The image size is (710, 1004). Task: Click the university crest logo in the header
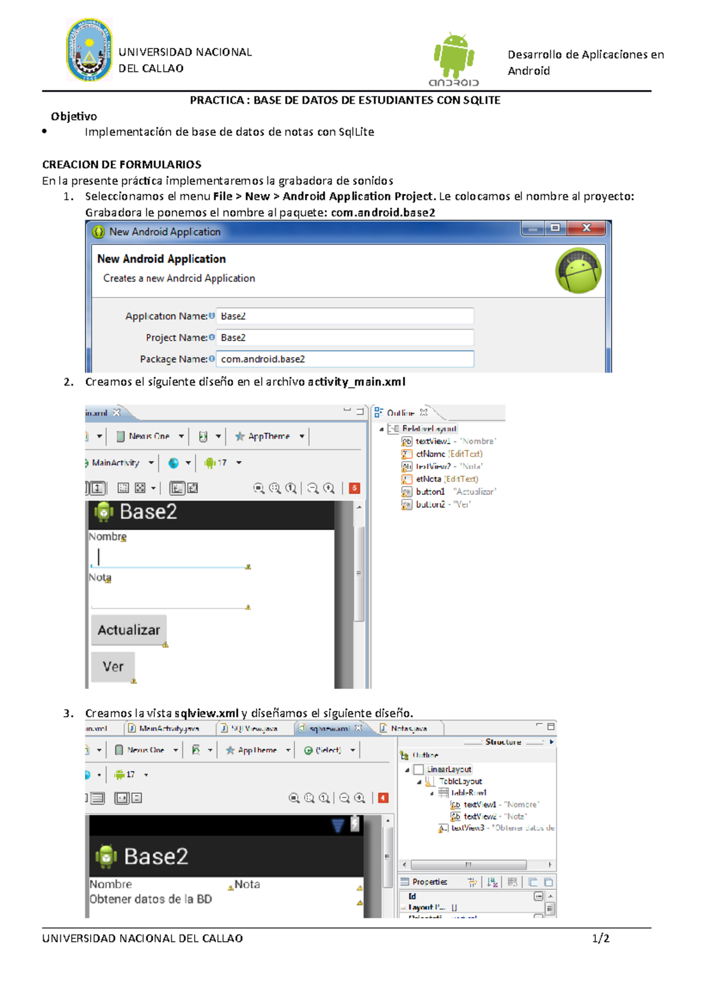pyautogui.click(x=89, y=50)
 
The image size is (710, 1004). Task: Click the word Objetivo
pyautogui.click(x=74, y=116)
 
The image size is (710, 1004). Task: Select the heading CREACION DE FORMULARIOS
pyautogui.click(x=121, y=164)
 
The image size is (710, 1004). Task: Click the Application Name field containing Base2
pyautogui.click(x=344, y=316)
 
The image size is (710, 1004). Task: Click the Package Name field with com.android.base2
pyautogui.click(x=344, y=359)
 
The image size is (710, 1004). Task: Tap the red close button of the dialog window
pyautogui.click(x=586, y=228)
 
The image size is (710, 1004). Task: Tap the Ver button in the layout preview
pyautogui.click(x=113, y=666)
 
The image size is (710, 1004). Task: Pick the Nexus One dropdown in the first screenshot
pyautogui.click(x=150, y=436)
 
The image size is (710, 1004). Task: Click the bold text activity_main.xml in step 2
pyautogui.click(x=356, y=382)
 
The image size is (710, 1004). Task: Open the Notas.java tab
pyautogui.click(x=408, y=728)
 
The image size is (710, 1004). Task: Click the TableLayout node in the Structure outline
pyautogui.click(x=460, y=781)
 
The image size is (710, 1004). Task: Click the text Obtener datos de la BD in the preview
pyautogui.click(x=150, y=899)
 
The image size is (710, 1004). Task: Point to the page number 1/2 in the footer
pyautogui.click(x=601, y=938)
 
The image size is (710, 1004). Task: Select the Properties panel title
pyautogui.click(x=430, y=882)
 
